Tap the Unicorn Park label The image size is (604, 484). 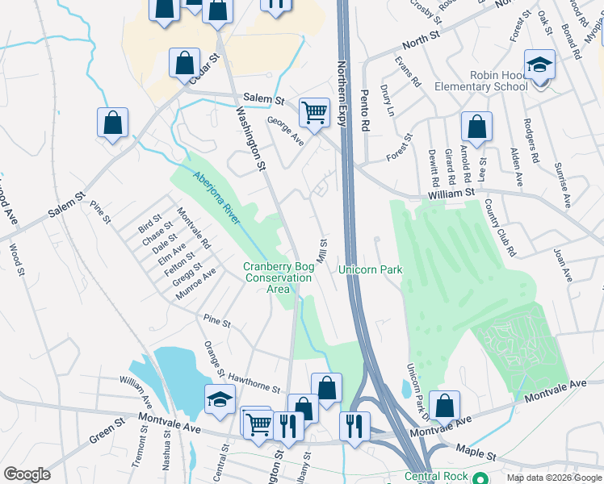click(x=370, y=269)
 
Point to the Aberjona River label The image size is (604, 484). click(x=217, y=198)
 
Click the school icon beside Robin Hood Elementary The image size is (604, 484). click(x=539, y=65)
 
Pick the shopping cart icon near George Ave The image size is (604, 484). click(x=313, y=112)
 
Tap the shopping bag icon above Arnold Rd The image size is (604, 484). click(x=476, y=127)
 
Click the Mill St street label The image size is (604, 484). click(x=323, y=248)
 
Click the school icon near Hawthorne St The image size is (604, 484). click(x=220, y=399)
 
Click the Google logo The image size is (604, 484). click(x=27, y=474)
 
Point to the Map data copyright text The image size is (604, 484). click(x=553, y=478)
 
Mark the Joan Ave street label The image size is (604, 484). click(x=563, y=265)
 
